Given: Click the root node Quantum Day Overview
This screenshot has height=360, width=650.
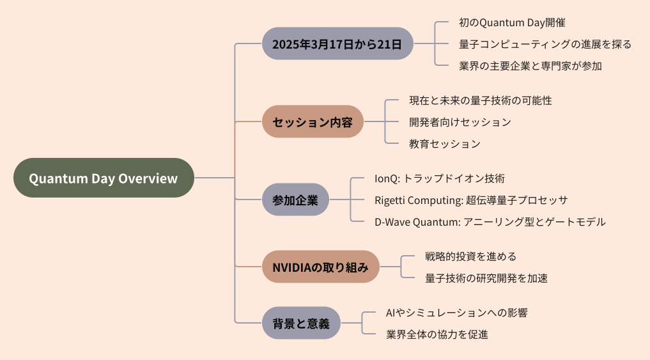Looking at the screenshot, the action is click(x=104, y=178).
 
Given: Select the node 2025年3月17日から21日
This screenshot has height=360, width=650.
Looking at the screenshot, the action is click(x=337, y=43).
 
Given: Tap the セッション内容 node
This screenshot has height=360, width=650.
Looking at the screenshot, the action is click(x=313, y=121).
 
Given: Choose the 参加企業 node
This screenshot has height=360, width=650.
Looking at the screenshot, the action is click(x=295, y=200).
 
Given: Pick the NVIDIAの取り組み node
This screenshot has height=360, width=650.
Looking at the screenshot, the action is click(x=320, y=267).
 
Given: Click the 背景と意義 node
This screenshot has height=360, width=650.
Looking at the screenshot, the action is click(x=301, y=323).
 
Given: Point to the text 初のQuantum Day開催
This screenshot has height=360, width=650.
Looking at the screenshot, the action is click(x=512, y=22).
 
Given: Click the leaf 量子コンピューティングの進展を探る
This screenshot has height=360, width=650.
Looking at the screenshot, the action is click(x=545, y=44).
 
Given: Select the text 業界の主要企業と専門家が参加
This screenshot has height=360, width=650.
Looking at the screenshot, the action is click(x=530, y=65).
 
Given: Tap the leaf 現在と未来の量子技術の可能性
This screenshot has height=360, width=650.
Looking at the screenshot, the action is click(x=481, y=100).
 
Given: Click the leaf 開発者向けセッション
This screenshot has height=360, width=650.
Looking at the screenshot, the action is click(x=460, y=122).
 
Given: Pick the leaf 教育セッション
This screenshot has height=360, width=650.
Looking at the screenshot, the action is click(x=445, y=143).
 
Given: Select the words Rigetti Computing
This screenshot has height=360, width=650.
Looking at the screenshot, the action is click(x=417, y=200).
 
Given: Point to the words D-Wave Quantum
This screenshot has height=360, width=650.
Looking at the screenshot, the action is click(x=416, y=222).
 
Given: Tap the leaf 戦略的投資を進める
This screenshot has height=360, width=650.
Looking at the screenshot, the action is click(x=470, y=256).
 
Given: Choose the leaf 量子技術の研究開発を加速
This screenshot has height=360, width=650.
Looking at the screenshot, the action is click(x=486, y=278).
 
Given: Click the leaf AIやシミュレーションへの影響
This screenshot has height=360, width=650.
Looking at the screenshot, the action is click(x=456, y=313).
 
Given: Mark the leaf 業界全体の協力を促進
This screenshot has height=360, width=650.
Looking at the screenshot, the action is click(x=437, y=334).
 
